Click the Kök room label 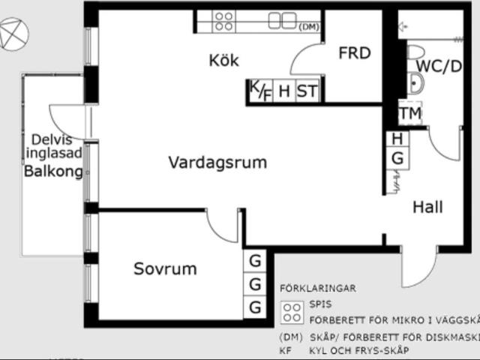click(223, 61)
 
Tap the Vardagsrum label click(217, 162)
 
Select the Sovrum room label click(165, 268)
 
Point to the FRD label click(355, 53)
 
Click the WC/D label click(439, 66)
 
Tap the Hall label click(427, 207)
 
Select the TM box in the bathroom click(410, 114)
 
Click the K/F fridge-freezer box click(260, 91)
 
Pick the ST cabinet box click(307, 91)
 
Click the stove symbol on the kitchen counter click(223, 20)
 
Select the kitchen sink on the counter click(283, 21)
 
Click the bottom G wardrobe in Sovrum click(256, 307)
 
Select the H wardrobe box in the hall click(397, 139)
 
